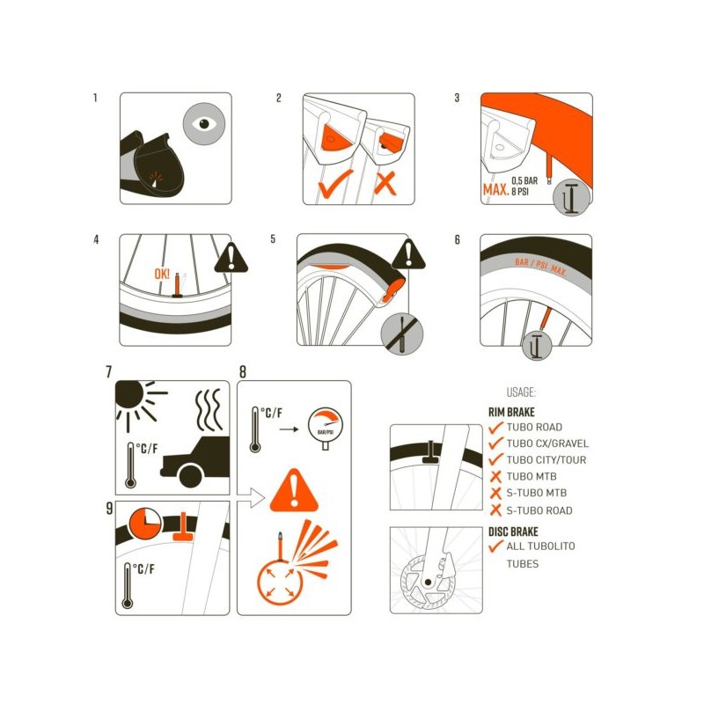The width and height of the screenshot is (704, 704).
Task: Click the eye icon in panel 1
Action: pos(204,124)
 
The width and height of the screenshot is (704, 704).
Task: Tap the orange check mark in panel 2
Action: pos(335,184)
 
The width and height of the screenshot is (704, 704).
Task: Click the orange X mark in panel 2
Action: pos(385,183)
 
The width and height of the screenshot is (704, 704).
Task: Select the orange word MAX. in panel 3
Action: pos(495,189)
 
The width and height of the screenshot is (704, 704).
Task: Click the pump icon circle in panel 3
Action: pos(571,197)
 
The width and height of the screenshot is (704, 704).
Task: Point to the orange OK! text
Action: pos(162,274)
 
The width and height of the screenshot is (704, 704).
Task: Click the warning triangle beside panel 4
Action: pos(231,258)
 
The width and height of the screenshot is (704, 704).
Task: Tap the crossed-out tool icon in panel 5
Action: pos(402,334)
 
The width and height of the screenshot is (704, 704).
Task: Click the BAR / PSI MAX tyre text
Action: pos(539,266)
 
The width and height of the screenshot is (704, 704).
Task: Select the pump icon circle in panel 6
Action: pos(537,345)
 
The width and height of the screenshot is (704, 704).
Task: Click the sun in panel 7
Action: pos(135,401)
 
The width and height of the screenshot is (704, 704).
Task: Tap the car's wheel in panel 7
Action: pos(191,476)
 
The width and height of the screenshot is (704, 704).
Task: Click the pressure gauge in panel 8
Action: pos(325,428)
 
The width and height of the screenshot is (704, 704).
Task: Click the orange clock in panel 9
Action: pos(145,524)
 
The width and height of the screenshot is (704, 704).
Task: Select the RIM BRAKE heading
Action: pos(511,412)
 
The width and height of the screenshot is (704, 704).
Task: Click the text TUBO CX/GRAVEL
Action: pos(547,444)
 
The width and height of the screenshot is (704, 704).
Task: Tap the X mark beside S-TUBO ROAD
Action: pos(495,510)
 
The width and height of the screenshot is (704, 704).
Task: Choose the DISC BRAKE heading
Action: pos(513,532)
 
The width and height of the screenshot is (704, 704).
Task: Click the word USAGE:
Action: pos(521,392)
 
